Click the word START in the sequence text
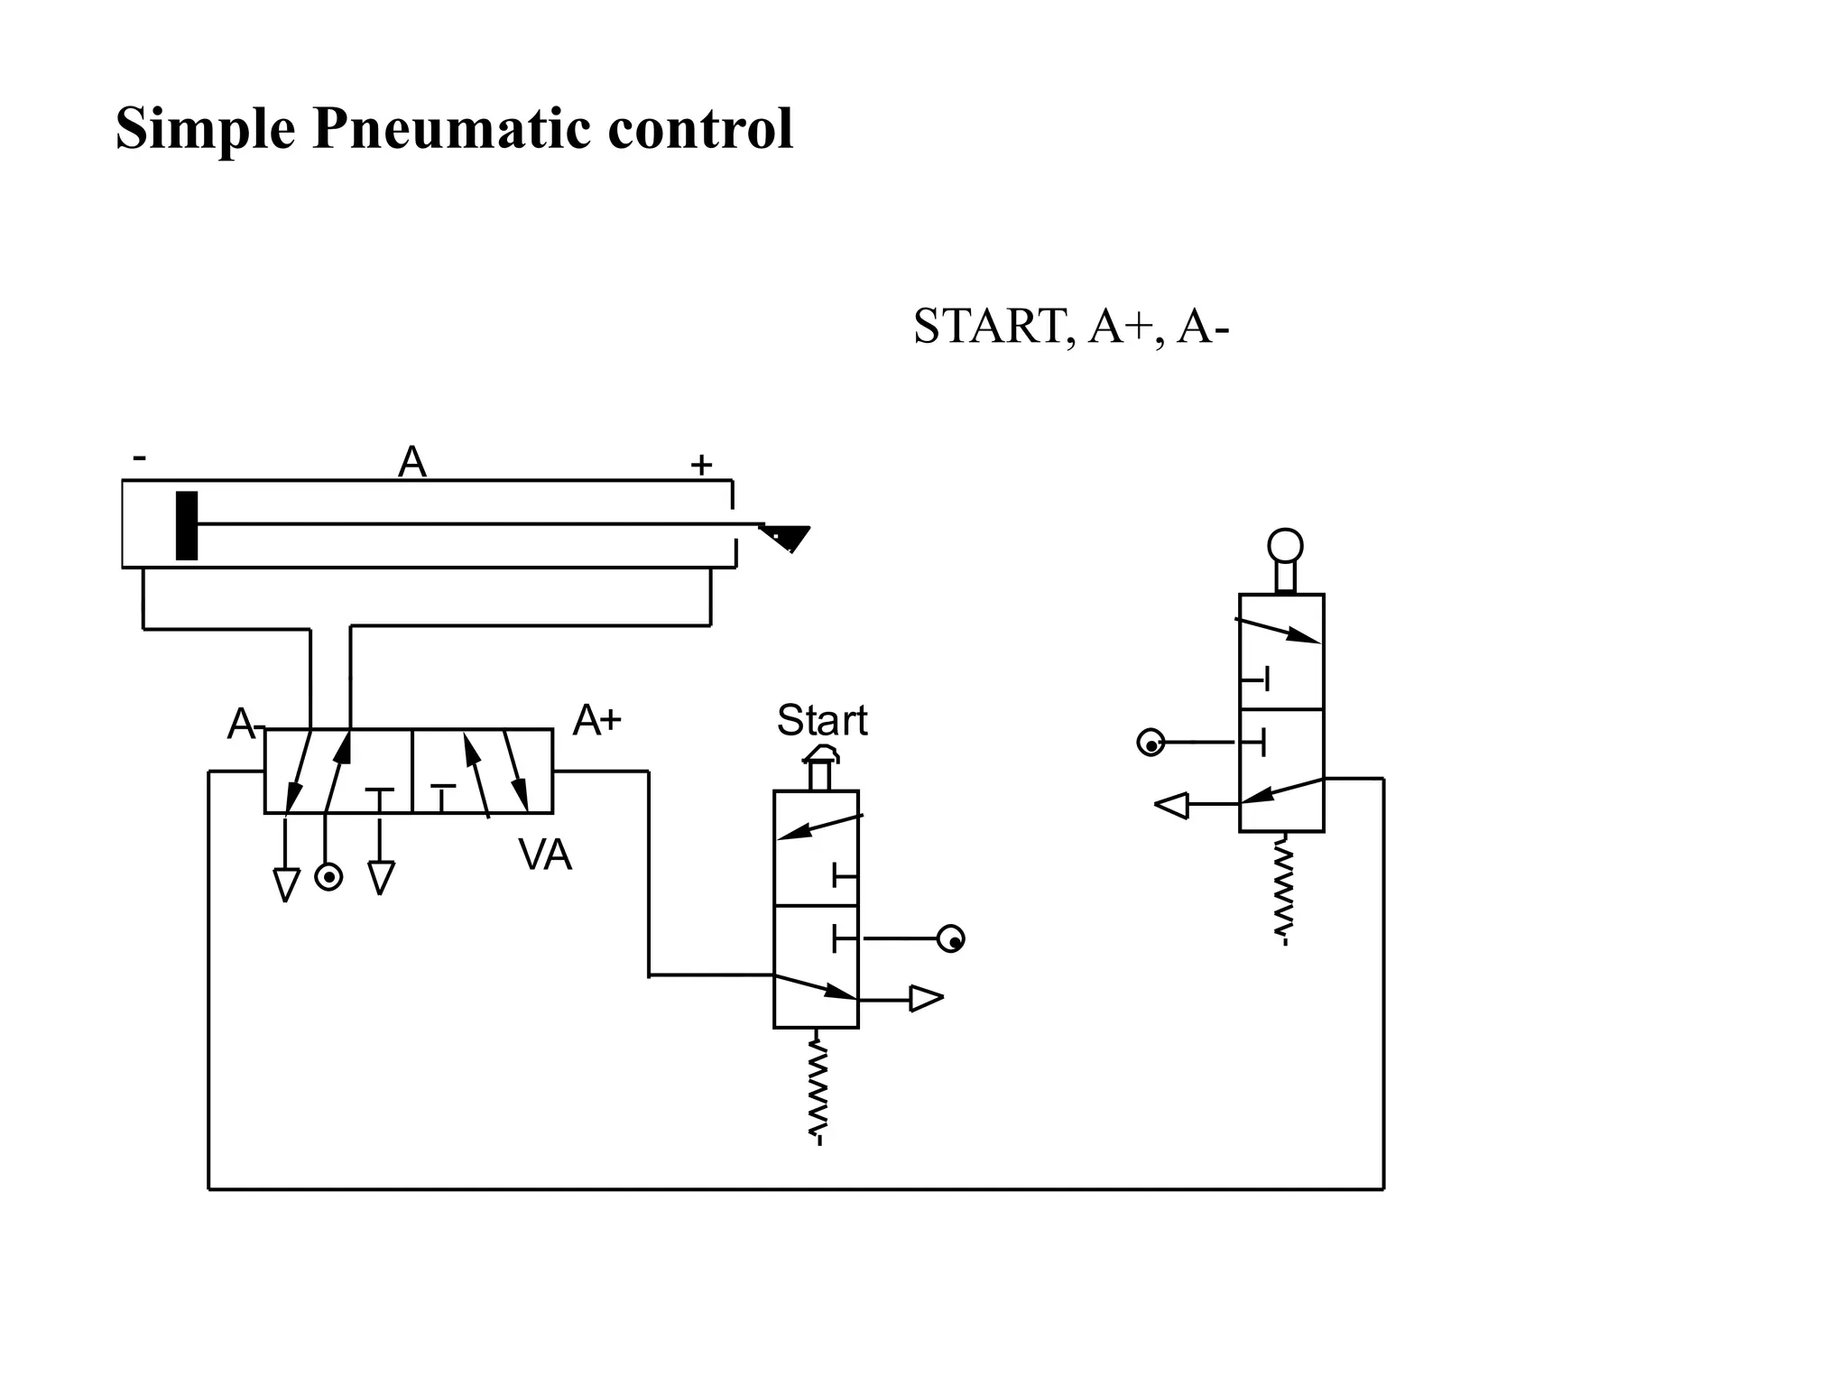[x=988, y=327]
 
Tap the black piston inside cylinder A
[x=187, y=525]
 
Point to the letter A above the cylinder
[x=412, y=463]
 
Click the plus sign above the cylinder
[x=701, y=466]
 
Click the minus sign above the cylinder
[x=139, y=458]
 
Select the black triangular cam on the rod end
[x=788, y=538]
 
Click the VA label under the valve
[x=545, y=855]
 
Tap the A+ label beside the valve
[x=597, y=720]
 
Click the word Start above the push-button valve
[x=822, y=720]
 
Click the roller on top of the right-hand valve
[x=1285, y=547]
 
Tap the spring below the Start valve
[x=818, y=1087]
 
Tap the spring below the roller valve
[x=1284, y=889]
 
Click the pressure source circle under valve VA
[x=328, y=877]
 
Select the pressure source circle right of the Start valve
[x=951, y=939]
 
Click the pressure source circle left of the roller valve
[x=1150, y=744]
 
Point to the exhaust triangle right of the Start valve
[x=926, y=999]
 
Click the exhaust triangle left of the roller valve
[x=1172, y=805]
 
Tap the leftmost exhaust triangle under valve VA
[x=286, y=884]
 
